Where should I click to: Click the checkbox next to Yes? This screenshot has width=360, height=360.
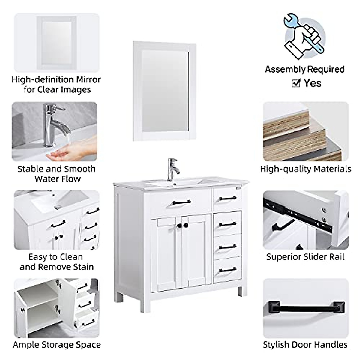tap(296, 83)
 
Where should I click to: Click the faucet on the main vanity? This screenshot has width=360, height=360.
tap(173, 169)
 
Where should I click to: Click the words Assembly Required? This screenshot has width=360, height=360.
tap(304, 69)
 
